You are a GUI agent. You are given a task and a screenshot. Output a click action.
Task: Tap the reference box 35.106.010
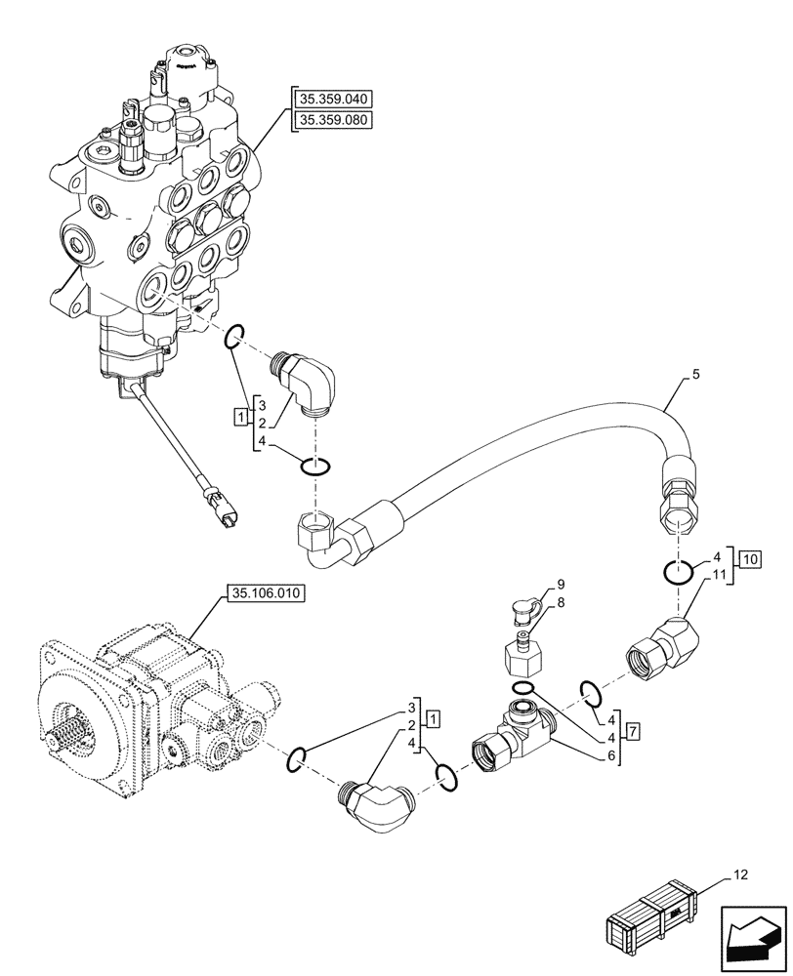pos(266,592)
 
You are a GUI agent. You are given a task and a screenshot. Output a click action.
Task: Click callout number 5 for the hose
pos(695,374)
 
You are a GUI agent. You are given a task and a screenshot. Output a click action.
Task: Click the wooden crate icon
pos(652,918)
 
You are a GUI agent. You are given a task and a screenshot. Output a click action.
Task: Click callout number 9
pos(562,585)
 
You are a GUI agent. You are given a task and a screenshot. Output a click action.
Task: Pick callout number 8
pos(562,604)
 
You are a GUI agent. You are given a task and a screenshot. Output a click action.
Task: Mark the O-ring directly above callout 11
pos(682,572)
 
